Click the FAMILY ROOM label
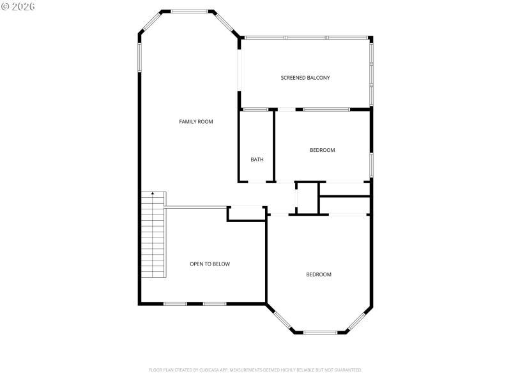coord(195,121)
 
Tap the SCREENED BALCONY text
coord(305,78)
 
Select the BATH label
coord(257,160)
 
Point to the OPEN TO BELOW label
coord(210,264)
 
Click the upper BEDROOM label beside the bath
coord(322,150)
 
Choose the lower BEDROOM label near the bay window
coord(319,274)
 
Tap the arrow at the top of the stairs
coord(152,194)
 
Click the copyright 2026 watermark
coord(19,6)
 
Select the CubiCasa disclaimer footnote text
coord(255,370)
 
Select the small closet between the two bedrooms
coord(307,197)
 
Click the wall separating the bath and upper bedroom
coord(274,146)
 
